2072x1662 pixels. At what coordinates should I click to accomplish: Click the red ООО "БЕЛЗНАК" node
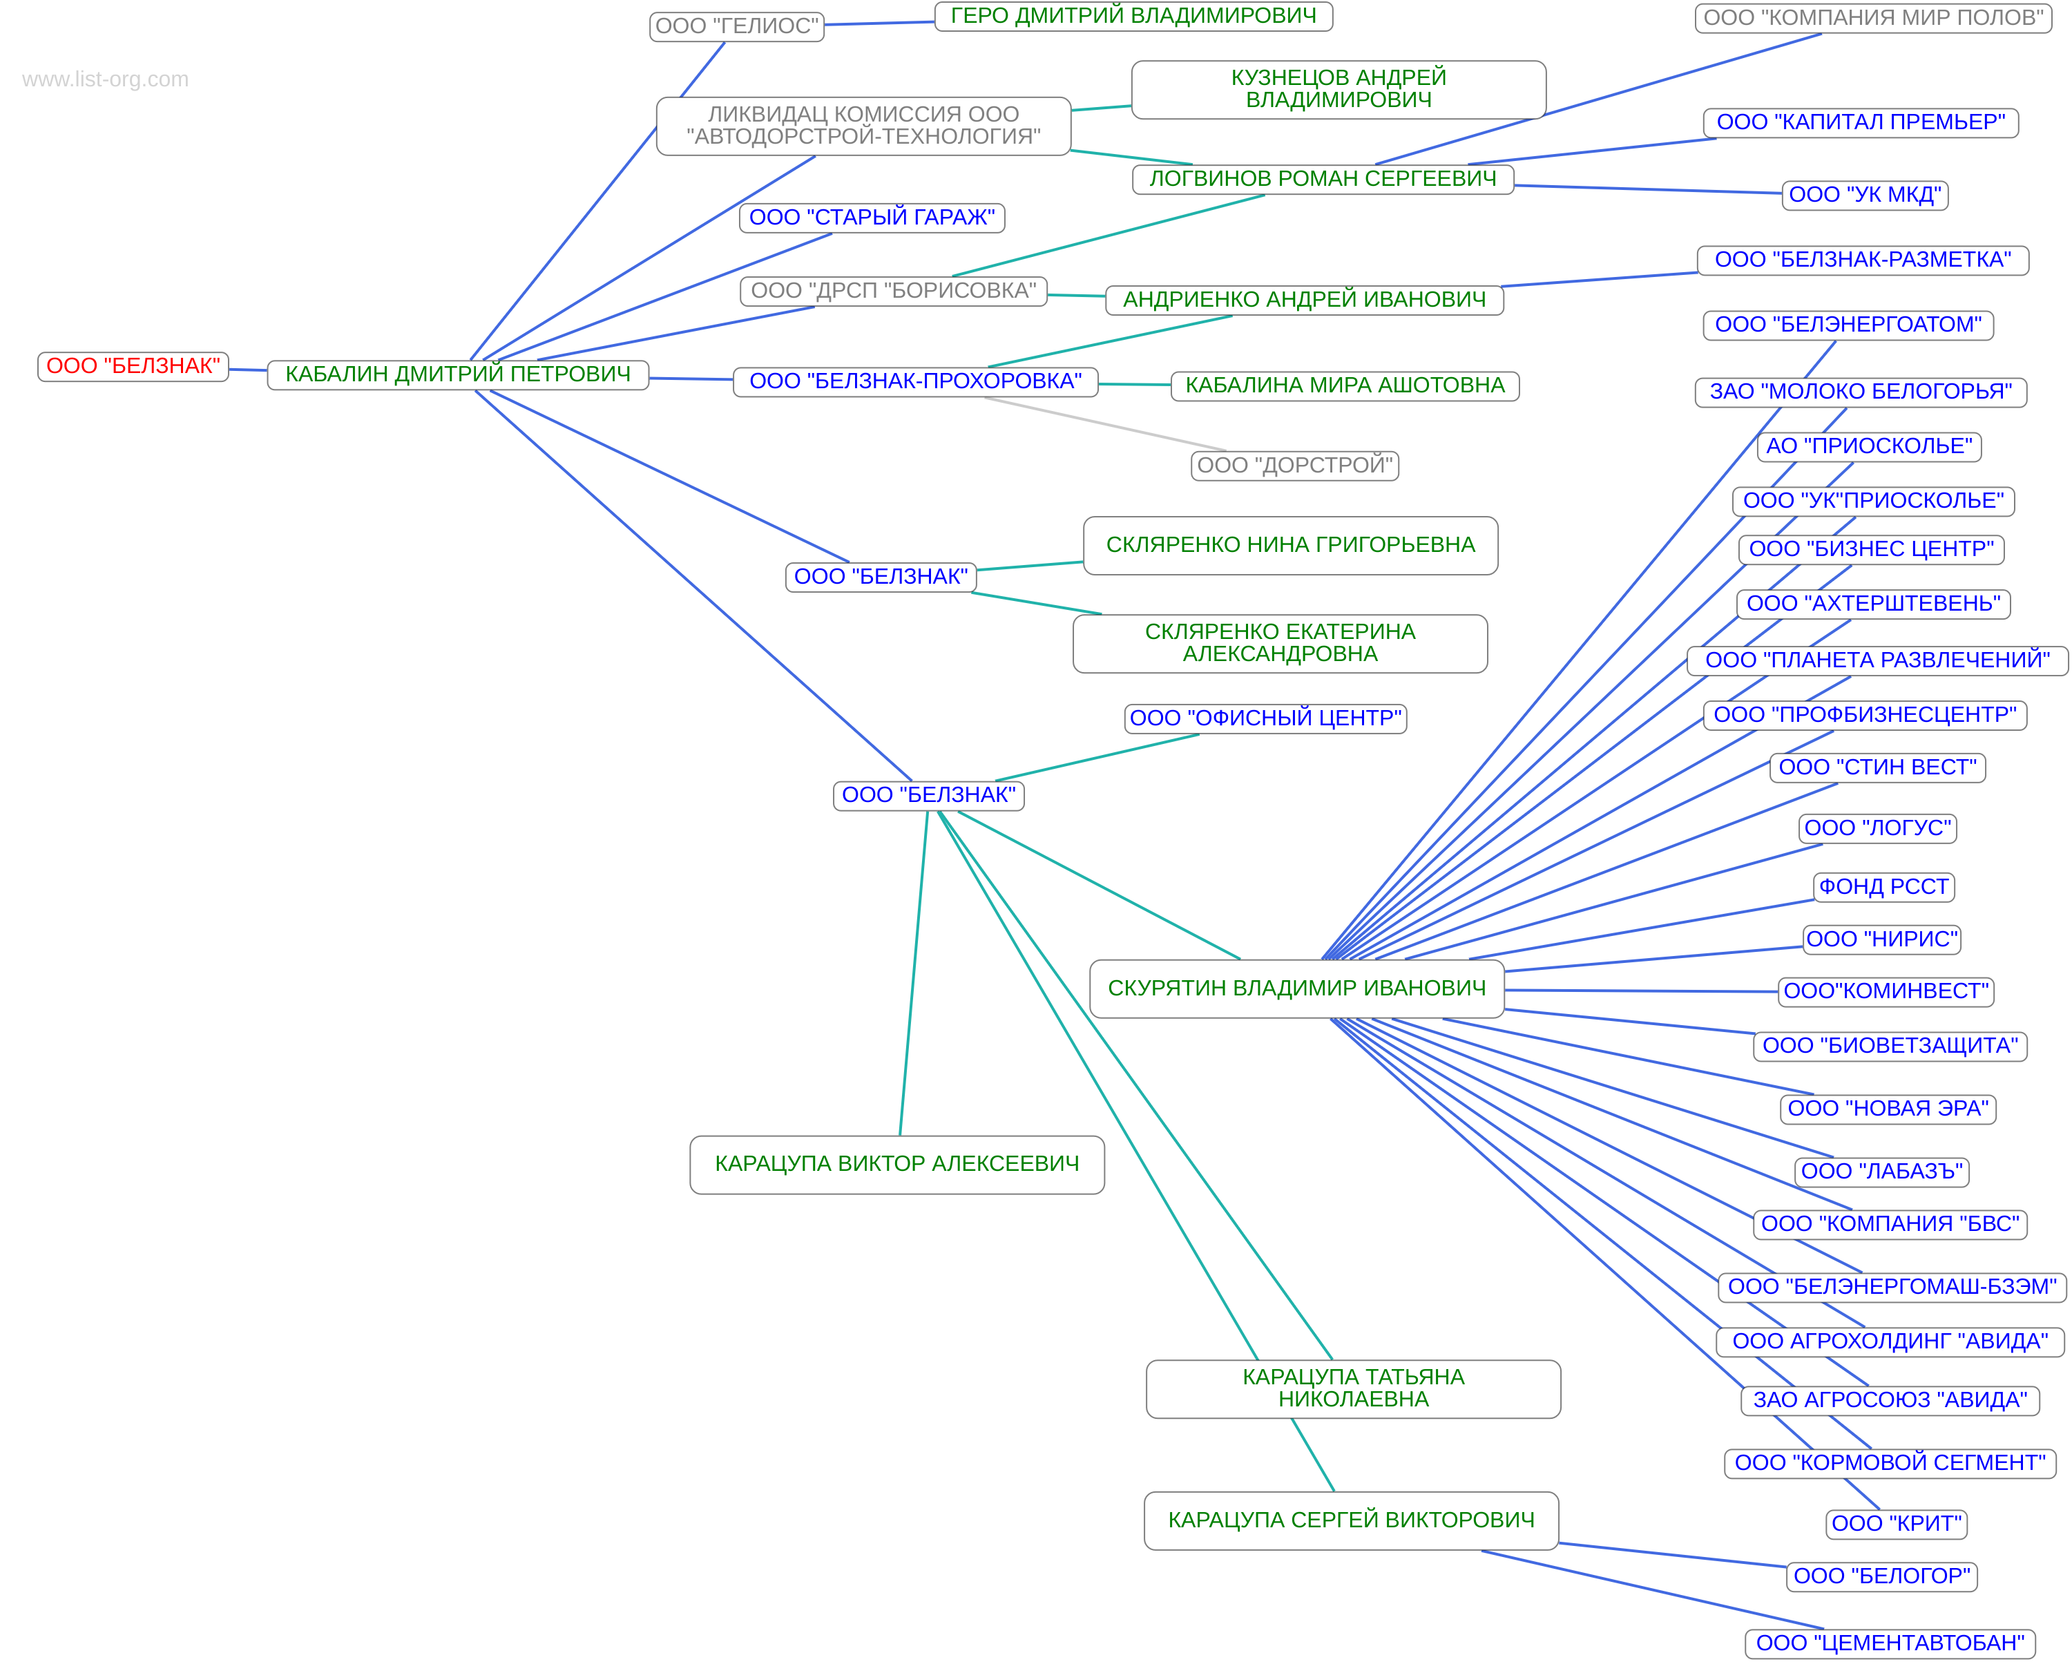133,366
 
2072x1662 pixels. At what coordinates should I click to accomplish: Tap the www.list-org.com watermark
105,79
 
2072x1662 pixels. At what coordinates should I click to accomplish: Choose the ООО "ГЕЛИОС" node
736,26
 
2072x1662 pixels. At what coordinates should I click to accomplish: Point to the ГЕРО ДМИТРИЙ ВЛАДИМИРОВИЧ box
1133,17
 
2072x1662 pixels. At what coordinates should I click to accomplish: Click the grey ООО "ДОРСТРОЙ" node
1294,466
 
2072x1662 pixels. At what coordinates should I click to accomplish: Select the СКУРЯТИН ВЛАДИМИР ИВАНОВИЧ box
1296,988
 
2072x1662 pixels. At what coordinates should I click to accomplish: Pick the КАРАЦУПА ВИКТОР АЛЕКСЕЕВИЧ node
896,1164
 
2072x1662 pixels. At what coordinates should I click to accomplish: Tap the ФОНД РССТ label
1883,887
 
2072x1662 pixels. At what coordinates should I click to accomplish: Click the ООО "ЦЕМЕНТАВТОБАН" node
1890,1643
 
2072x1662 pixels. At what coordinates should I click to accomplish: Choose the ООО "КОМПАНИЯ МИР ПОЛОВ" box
1873,18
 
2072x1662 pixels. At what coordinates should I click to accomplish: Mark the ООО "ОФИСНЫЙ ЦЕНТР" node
1265,718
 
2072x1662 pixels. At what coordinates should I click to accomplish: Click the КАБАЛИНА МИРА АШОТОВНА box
1345,385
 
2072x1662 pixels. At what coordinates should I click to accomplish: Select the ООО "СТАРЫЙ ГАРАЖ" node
872,218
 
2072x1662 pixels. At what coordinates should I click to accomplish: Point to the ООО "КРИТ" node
1896,1524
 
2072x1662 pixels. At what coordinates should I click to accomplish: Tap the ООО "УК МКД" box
1864,195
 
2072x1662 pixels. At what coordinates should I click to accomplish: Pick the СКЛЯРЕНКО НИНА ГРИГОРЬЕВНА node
1289,545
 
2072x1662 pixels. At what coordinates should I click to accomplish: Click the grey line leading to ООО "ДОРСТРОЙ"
1105,424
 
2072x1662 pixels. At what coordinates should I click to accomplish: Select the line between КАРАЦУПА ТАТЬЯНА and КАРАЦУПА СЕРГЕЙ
1313,1454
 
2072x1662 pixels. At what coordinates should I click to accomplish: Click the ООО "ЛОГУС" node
1877,829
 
